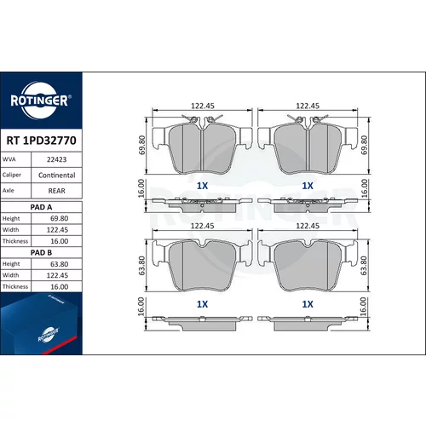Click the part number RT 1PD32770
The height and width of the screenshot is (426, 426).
41,141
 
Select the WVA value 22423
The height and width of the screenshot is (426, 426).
57,159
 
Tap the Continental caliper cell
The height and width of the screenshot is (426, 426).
57,176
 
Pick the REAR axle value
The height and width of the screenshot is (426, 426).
57,191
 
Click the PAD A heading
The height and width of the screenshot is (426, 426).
41,207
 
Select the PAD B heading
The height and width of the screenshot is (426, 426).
41,253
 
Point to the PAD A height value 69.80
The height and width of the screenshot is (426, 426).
60,218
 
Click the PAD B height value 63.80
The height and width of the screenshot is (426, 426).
60,264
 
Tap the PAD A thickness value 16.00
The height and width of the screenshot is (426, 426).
60,241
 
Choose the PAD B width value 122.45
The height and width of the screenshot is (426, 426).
57,275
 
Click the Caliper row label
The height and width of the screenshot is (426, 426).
12,175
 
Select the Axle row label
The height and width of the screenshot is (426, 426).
8,191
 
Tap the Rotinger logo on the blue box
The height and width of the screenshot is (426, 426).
49,335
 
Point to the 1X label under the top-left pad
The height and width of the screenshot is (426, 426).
203,186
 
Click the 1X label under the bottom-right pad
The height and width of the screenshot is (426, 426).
308,304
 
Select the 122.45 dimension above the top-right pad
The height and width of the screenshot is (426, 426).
308,106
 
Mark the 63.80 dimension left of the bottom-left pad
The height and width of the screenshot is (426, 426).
141,266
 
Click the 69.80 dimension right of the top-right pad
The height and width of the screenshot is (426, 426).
365,145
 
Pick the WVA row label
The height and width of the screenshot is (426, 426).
9,159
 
